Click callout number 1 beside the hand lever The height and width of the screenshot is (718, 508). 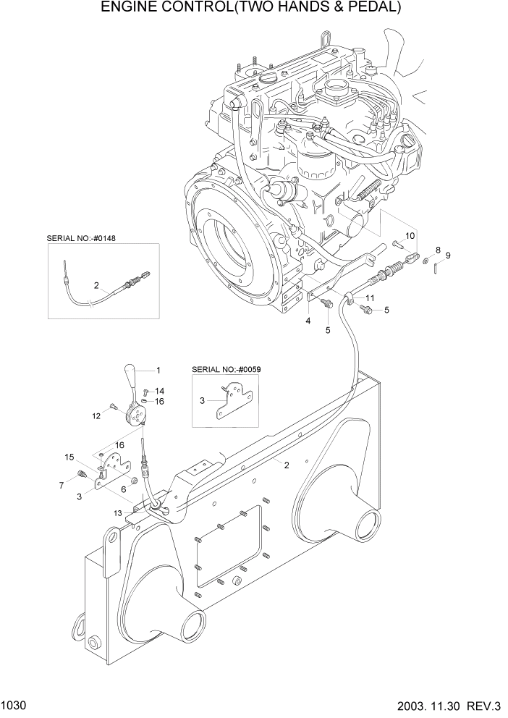coord(158,369)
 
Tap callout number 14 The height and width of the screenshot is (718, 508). coord(159,391)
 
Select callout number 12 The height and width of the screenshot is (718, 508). coord(96,415)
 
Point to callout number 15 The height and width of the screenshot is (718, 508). coord(69,457)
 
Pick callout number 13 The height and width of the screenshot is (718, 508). coord(124,489)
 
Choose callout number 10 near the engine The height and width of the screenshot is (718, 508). coord(410,236)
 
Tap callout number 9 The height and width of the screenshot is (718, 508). coord(448,255)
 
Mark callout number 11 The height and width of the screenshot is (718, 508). coord(369,298)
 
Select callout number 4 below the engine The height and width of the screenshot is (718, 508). coord(308,321)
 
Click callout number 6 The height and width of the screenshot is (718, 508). coord(124,489)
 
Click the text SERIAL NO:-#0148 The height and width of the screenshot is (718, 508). coord(81,237)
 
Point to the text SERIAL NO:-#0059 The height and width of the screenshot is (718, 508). coord(226,369)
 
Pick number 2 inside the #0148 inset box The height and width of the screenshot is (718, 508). coord(96,285)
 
